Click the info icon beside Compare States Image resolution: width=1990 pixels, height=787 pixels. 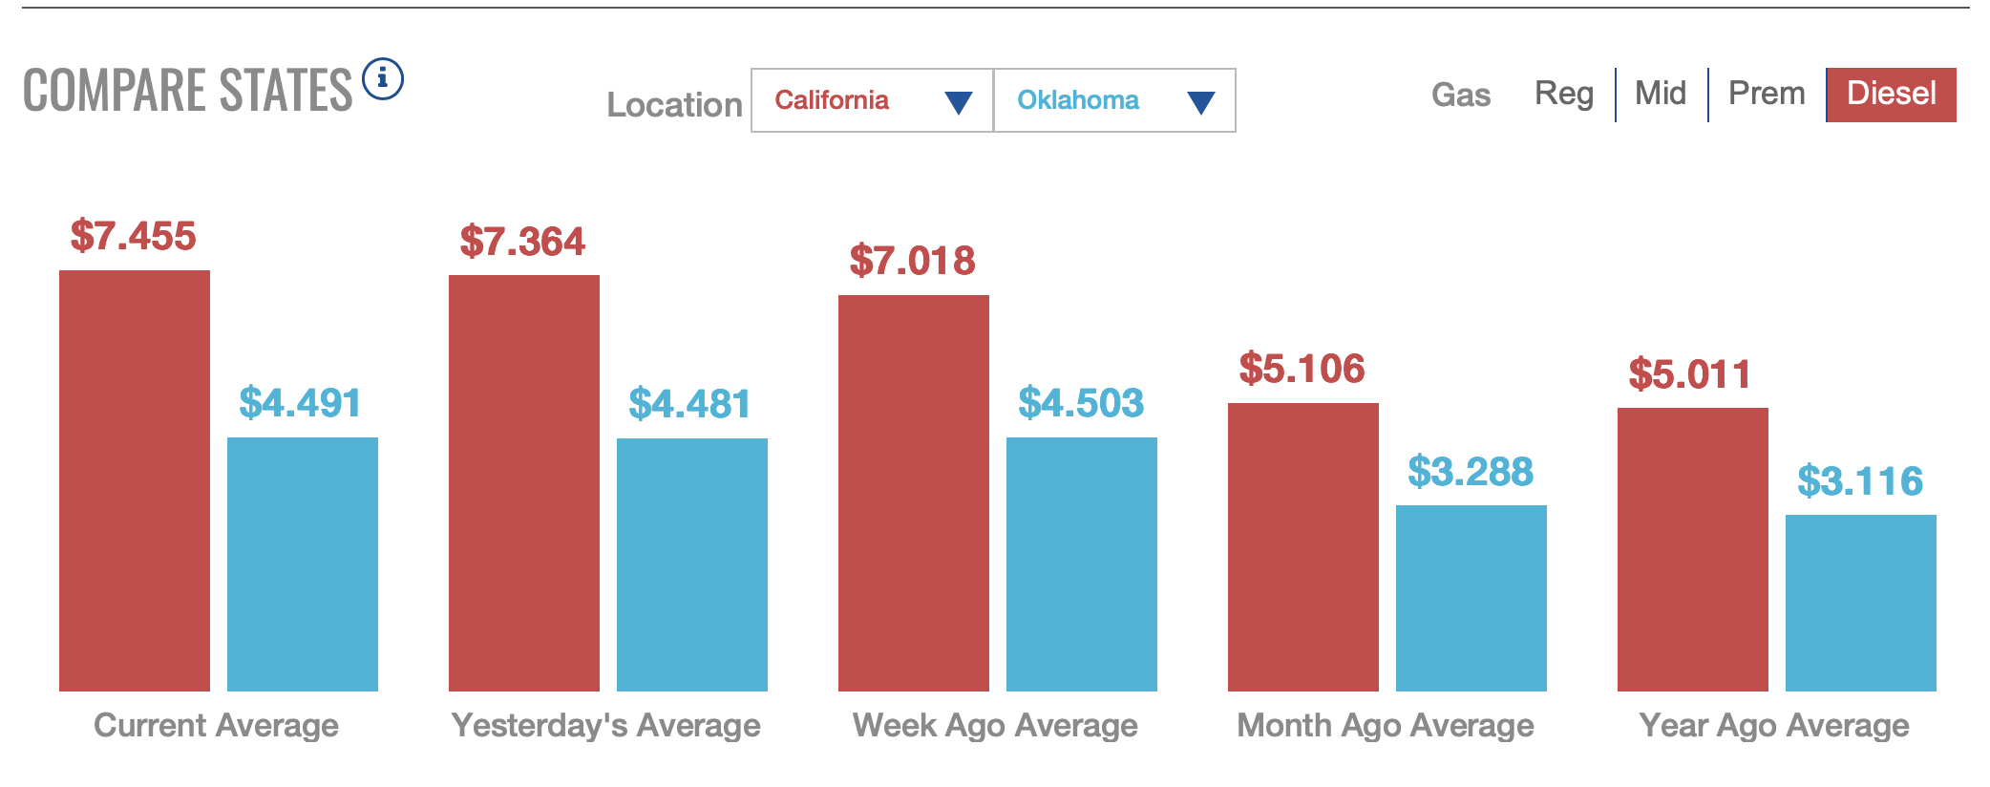(x=383, y=78)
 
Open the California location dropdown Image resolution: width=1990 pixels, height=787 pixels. (x=872, y=100)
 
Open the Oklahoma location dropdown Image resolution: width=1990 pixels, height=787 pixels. (x=1114, y=100)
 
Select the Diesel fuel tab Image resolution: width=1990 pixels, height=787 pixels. (x=1891, y=94)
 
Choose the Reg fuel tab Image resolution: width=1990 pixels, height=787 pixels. (x=1564, y=94)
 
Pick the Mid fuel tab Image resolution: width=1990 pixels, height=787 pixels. (x=1661, y=94)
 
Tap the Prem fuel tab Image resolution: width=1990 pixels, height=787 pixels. (x=1767, y=94)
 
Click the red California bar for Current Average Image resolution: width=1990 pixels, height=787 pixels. (x=135, y=480)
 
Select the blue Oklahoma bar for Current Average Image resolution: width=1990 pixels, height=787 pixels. (x=303, y=564)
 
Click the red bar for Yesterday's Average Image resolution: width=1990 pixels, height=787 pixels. (x=524, y=482)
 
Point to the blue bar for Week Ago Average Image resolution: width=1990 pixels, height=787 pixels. (x=1082, y=564)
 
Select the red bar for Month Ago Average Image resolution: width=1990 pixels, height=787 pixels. (x=1303, y=546)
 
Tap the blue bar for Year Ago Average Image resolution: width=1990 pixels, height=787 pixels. (x=1861, y=603)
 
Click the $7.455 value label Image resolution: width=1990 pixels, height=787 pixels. (x=134, y=236)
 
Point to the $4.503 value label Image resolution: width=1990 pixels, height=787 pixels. (x=1081, y=403)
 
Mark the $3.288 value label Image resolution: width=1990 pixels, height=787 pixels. (x=1471, y=472)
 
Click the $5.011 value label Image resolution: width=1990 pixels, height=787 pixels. (x=1690, y=374)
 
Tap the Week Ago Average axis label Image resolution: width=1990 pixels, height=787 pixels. (x=995, y=726)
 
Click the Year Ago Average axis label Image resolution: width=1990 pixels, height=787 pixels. (x=1774, y=726)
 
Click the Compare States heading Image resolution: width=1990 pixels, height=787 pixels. (x=188, y=91)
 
